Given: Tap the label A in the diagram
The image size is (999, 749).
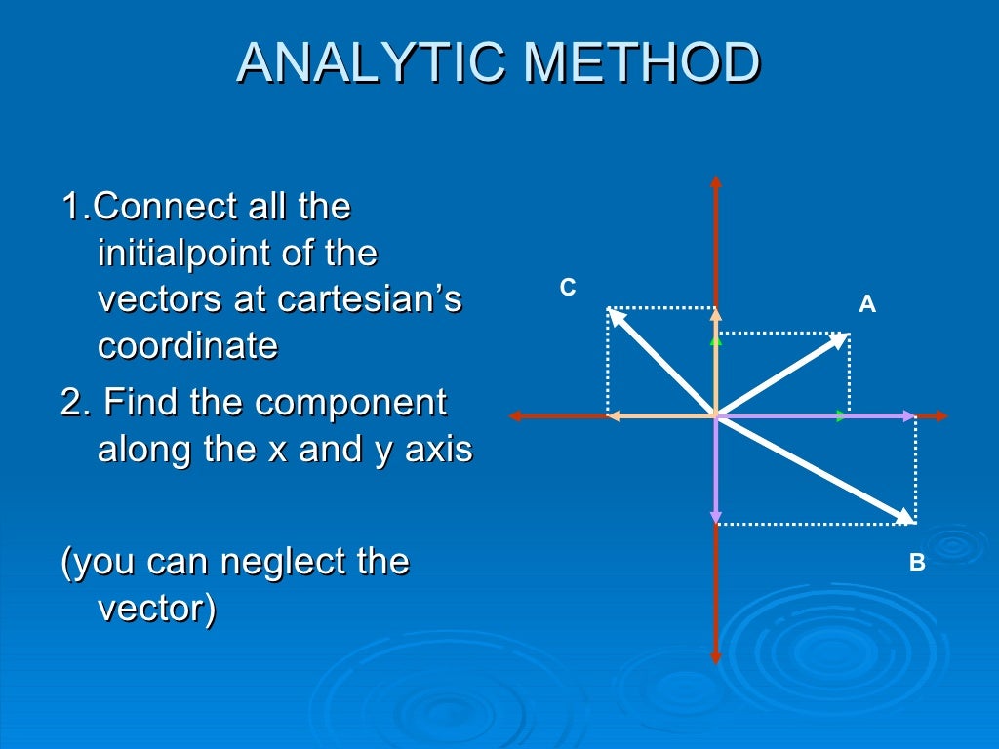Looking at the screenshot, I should (866, 305).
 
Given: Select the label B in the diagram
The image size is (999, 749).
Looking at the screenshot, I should (916, 563).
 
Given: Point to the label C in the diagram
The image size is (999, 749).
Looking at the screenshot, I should (567, 288).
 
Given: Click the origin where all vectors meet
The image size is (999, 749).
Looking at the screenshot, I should (716, 416).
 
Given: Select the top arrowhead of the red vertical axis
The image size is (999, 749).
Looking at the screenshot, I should (716, 180).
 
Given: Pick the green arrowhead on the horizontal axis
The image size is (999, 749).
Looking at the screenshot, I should (842, 416).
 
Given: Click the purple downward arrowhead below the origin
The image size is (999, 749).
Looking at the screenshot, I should (716, 517).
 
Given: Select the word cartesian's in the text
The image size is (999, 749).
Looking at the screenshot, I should (370, 299).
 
